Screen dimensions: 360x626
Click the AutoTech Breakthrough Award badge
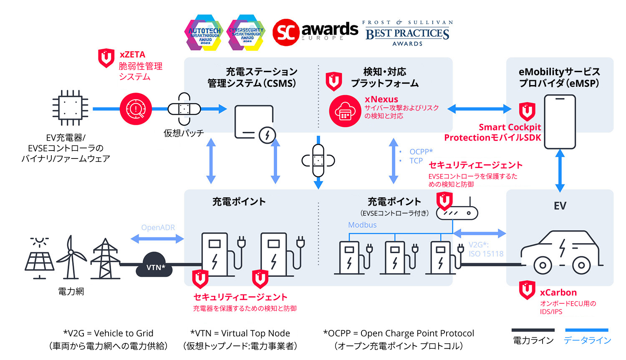coord(204,33)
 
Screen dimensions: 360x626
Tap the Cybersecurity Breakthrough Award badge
coord(246,33)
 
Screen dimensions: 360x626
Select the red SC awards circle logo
coord(286,32)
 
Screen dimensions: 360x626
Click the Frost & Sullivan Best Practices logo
coord(407,33)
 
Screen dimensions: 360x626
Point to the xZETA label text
coord(132,55)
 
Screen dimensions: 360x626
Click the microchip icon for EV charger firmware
coord(70,108)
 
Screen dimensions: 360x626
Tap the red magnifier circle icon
coord(136,109)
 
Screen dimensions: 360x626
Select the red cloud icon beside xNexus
coord(345,111)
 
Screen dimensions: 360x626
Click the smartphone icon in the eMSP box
coord(560,122)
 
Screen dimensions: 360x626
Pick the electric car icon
coord(561,253)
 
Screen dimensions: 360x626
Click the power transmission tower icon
coord(105,259)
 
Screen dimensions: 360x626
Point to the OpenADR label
coord(158,227)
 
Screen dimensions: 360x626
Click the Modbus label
coord(362,225)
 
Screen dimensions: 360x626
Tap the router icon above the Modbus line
coord(457,213)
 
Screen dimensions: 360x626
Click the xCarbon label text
coord(558,292)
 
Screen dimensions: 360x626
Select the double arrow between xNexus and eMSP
coord(479,109)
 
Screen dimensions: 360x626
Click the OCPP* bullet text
coord(421,151)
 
